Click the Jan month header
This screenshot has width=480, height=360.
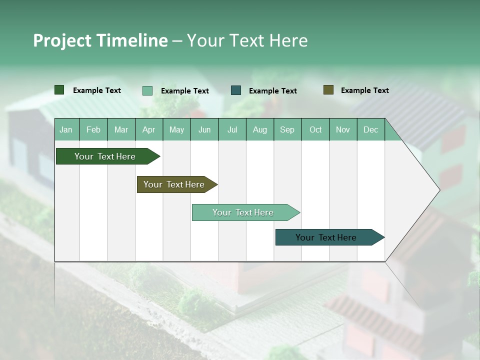click(66, 129)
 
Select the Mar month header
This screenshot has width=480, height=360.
click(121, 129)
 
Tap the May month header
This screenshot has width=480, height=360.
click(176, 129)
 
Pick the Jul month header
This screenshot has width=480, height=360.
click(232, 129)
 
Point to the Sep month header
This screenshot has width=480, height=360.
click(287, 129)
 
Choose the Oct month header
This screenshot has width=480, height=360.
click(315, 129)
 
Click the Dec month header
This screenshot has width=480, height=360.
click(370, 129)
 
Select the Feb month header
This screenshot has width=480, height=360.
click(93, 129)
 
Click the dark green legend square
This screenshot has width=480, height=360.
click(59, 90)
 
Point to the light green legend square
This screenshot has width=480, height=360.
click(147, 90)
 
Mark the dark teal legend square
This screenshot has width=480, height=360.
click(236, 90)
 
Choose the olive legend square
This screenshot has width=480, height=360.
click(328, 90)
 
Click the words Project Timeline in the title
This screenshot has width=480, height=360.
click(100, 40)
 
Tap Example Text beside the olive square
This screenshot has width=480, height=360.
click(364, 90)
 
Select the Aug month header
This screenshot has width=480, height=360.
click(259, 129)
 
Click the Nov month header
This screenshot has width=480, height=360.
click(343, 129)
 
